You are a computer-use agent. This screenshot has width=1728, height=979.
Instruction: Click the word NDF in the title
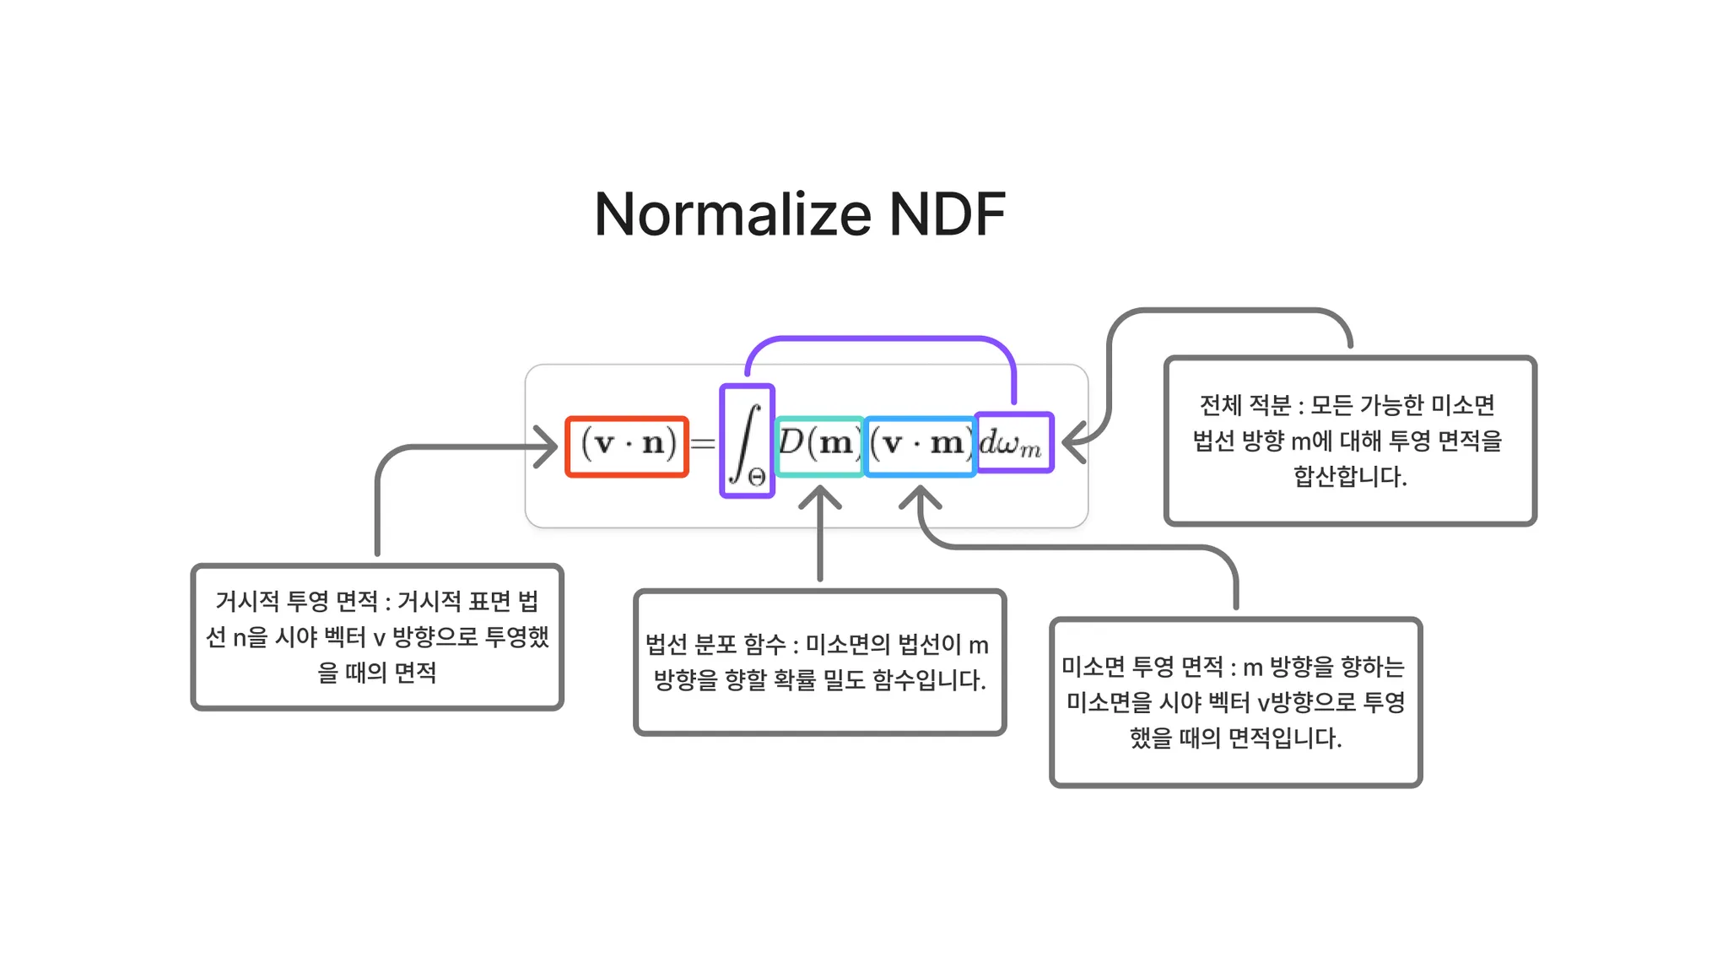tap(947, 214)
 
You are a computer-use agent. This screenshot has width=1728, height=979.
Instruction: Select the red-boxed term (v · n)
tap(627, 446)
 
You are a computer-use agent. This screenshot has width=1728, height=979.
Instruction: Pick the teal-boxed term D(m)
tap(818, 445)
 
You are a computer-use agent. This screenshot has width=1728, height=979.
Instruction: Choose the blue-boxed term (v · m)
tap(920, 445)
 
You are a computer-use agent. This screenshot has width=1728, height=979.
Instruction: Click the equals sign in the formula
tap(703, 443)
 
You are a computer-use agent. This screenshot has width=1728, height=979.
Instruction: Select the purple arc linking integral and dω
tap(881, 339)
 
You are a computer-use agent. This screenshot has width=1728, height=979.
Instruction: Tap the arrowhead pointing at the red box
tap(546, 446)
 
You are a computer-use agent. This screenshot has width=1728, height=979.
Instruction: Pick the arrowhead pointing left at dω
tap(1073, 442)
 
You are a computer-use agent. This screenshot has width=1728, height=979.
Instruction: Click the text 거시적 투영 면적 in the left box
tap(296, 601)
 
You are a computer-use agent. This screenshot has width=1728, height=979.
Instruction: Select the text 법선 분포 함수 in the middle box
tap(715, 645)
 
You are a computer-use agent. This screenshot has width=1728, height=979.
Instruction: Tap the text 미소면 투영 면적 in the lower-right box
tap(1142, 668)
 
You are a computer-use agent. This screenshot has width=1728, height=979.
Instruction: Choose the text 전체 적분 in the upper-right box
tap(1245, 406)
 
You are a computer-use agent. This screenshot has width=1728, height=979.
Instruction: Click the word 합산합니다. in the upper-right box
tap(1350, 477)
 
